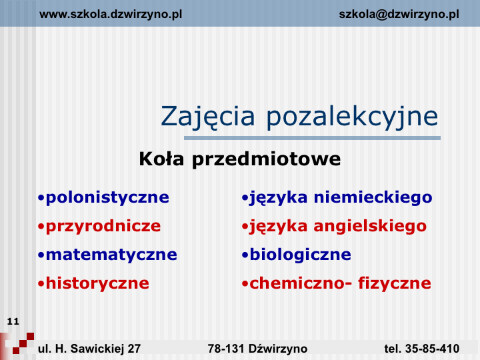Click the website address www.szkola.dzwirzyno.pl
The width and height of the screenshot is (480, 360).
tap(111, 15)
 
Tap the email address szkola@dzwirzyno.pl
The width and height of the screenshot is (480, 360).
tap(399, 15)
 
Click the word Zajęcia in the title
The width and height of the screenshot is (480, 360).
tap(207, 117)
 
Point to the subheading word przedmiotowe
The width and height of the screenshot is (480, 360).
tap(266, 160)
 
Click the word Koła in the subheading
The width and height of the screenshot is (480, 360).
tap(161, 159)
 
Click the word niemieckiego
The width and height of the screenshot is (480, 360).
tap(373, 197)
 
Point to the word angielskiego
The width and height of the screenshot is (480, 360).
tap(370, 227)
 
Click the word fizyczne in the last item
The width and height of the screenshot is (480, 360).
tap(395, 283)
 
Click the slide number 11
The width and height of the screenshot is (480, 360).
tap(13, 321)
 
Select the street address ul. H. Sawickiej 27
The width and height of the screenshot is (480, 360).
tap(89, 349)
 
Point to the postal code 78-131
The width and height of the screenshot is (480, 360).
tap(226, 349)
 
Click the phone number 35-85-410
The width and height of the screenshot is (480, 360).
tap(432, 349)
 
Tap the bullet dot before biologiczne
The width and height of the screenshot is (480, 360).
tap(245, 255)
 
